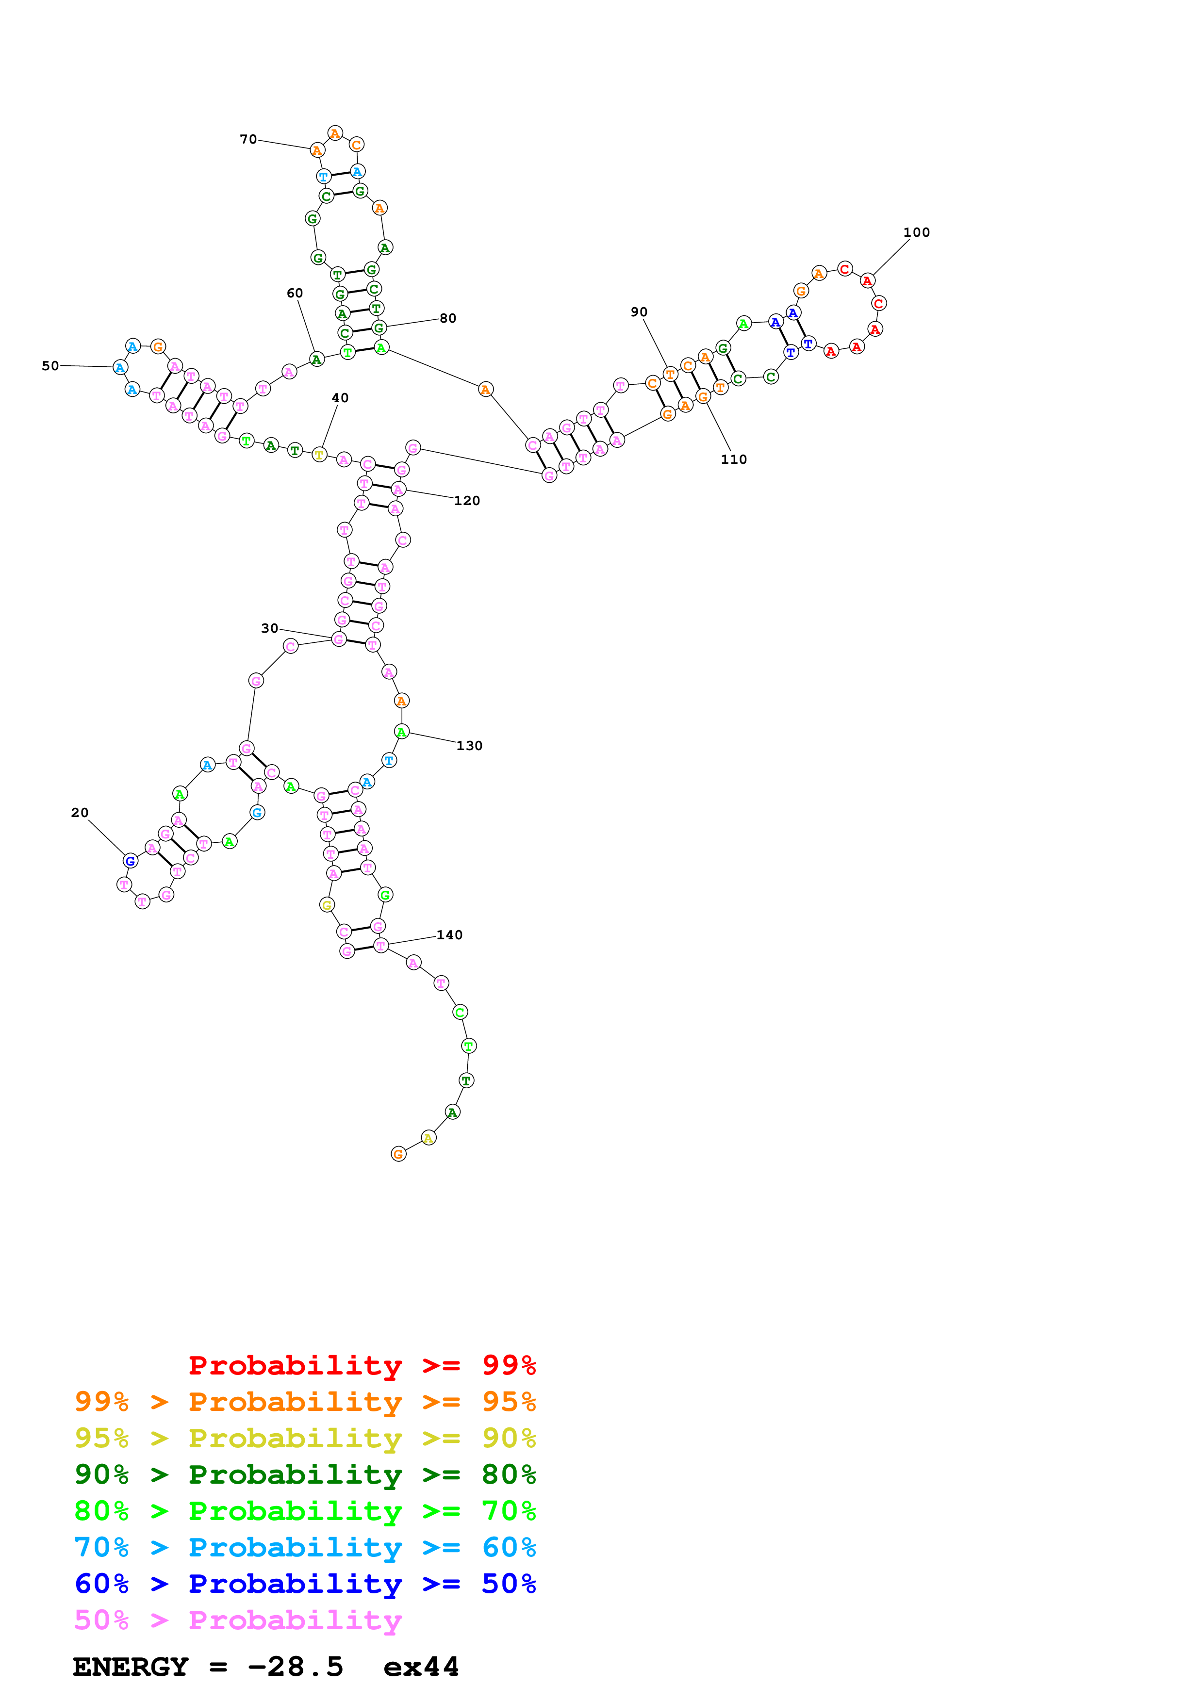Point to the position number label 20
(x=79, y=813)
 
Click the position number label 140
(x=449, y=935)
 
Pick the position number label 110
(x=734, y=459)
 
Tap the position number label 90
(x=639, y=312)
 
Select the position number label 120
(x=467, y=501)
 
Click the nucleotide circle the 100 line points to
(x=867, y=281)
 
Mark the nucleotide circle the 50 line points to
(x=120, y=367)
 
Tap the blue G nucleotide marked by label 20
(x=131, y=861)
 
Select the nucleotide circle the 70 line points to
(x=317, y=150)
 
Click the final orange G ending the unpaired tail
(x=399, y=1154)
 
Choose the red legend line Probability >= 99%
(x=362, y=1365)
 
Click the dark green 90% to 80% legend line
(x=305, y=1474)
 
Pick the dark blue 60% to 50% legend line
(x=305, y=1584)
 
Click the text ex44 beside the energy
(x=421, y=1667)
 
